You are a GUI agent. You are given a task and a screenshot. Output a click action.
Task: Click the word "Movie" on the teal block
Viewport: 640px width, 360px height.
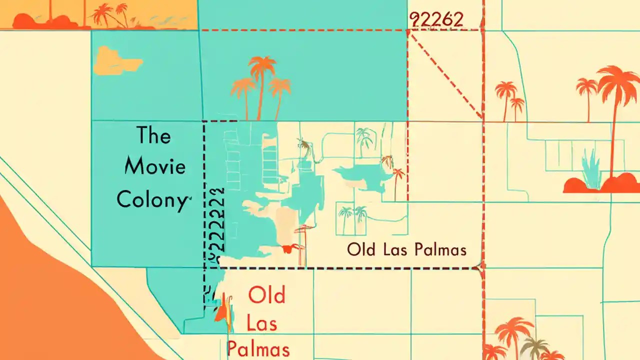[154, 166]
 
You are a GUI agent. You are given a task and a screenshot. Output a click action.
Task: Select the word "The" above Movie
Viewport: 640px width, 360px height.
[153, 135]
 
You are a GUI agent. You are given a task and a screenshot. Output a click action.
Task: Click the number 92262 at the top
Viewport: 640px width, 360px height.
[436, 19]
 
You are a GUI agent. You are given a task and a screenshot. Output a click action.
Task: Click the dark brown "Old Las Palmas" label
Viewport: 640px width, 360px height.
[406, 249]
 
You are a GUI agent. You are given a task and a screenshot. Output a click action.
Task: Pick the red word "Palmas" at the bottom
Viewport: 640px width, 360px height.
[258, 348]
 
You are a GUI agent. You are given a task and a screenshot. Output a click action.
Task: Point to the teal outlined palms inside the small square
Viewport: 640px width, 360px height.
[352, 218]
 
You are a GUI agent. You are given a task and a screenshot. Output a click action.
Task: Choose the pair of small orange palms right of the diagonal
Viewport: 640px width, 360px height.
[510, 100]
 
